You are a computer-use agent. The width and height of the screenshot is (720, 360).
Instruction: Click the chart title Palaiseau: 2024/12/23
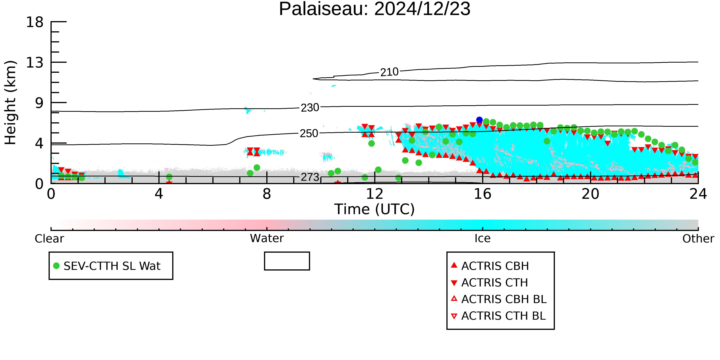click(x=375, y=9)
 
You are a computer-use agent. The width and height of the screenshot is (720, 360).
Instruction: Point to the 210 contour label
click(x=389, y=72)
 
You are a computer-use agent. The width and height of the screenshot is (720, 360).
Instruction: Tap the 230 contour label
click(x=310, y=108)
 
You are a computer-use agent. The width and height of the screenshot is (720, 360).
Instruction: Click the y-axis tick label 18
click(x=35, y=22)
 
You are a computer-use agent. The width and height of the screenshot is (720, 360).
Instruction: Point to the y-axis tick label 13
click(x=35, y=63)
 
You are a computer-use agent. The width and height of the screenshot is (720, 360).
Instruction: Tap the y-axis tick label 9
click(x=39, y=103)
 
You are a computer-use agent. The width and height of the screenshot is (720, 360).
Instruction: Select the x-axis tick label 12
click(x=375, y=194)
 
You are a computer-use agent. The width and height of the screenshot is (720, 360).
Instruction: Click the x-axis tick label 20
click(x=590, y=194)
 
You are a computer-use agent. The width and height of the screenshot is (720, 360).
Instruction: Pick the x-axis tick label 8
click(x=267, y=194)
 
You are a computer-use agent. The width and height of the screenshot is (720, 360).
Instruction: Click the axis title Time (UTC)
click(x=375, y=209)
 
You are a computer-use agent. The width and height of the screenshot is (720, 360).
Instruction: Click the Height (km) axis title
click(x=10, y=103)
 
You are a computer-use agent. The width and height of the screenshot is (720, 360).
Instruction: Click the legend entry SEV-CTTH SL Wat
click(x=107, y=266)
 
